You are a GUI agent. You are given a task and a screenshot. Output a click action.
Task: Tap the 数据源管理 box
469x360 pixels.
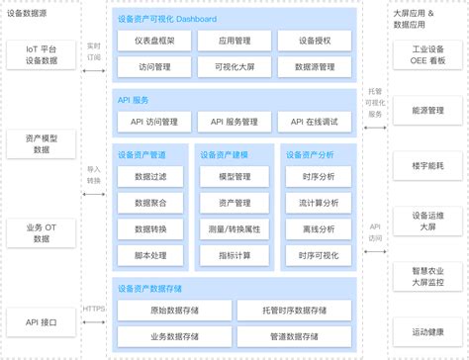pyautogui.click(x=314, y=69)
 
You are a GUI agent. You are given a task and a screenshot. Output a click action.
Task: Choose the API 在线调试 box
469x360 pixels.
pyautogui.click(x=314, y=122)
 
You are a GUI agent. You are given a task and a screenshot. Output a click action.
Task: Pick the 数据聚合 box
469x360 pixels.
pyautogui.click(x=151, y=202)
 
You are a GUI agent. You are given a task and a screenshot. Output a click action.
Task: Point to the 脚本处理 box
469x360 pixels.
pyautogui.click(x=151, y=254)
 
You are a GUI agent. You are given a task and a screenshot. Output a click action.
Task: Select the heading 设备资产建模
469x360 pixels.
pyautogui.click(x=224, y=153)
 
